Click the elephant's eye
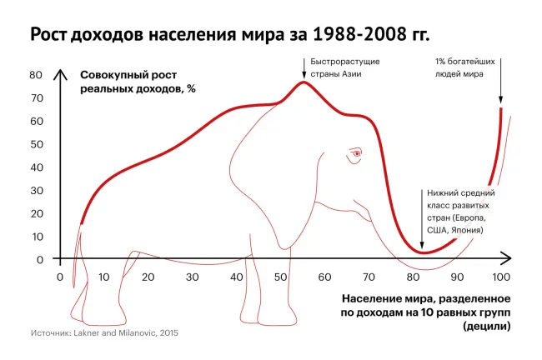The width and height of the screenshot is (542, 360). [x=357, y=153]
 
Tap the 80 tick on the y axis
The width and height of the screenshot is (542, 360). [x=37, y=74]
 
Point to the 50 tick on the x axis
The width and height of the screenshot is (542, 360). [x=280, y=277]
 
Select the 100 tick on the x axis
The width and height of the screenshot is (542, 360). [x=501, y=277]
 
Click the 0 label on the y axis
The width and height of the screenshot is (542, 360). [x=38, y=259]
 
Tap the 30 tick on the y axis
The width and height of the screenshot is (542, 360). [x=37, y=190]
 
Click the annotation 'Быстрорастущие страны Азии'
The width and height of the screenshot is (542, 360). [x=339, y=68]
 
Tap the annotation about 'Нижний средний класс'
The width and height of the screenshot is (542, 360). [x=458, y=211]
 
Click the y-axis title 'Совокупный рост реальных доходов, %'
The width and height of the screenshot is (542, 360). [x=138, y=82]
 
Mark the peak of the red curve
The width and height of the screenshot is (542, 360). [x=304, y=81]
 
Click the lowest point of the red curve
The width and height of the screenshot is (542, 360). [x=423, y=252]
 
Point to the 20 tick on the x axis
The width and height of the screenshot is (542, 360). [x=148, y=277]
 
